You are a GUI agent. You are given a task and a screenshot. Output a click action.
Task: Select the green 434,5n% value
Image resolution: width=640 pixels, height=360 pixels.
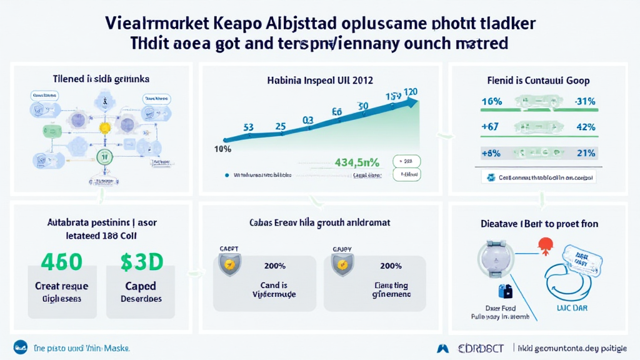tap(357, 162)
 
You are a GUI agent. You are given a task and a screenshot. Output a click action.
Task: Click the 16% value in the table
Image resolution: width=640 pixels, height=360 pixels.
tap(492, 101)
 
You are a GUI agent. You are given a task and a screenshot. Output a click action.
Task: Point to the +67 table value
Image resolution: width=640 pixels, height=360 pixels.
tap(491, 127)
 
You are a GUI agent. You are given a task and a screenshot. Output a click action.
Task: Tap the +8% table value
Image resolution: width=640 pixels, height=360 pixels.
tap(491, 152)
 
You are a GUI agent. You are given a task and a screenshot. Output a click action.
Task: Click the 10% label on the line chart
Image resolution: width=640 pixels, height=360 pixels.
tap(223, 149)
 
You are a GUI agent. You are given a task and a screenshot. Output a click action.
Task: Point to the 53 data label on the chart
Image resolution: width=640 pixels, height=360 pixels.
tap(248, 127)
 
